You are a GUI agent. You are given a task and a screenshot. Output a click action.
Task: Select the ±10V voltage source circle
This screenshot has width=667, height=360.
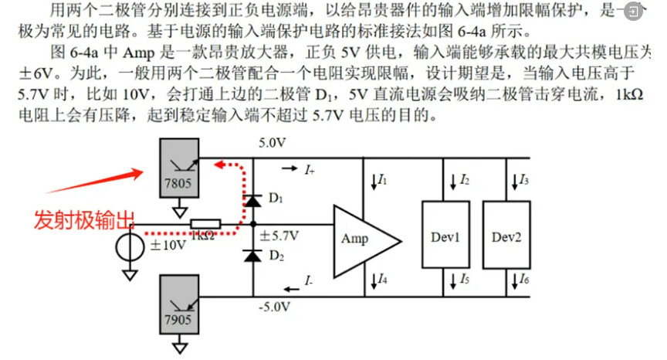[x=130, y=245]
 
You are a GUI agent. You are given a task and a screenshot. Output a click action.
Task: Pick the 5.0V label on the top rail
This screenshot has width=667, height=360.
[x=273, y=144]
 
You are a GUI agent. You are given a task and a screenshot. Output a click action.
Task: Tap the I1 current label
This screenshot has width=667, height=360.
[x=381, y=180]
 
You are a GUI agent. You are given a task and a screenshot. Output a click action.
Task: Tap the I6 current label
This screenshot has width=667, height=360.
[x=523, y=278]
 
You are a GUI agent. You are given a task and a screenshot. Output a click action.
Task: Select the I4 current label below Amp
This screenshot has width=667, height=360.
[x=381, y=278]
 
